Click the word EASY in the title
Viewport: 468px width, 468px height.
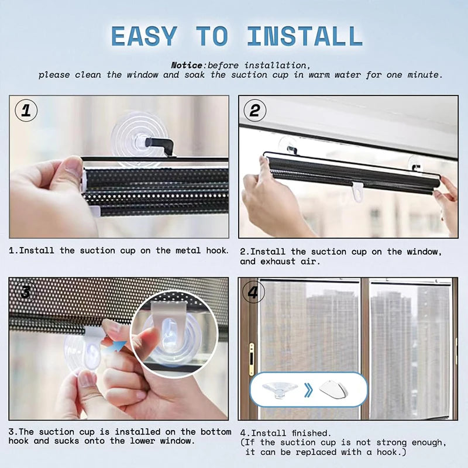[x=144, y=36]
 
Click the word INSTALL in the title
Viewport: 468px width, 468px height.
[x=305, y=36]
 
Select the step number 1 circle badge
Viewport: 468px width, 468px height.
[x=25, y=110]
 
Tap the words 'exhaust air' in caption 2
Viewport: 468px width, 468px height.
[x=290, y=261]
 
